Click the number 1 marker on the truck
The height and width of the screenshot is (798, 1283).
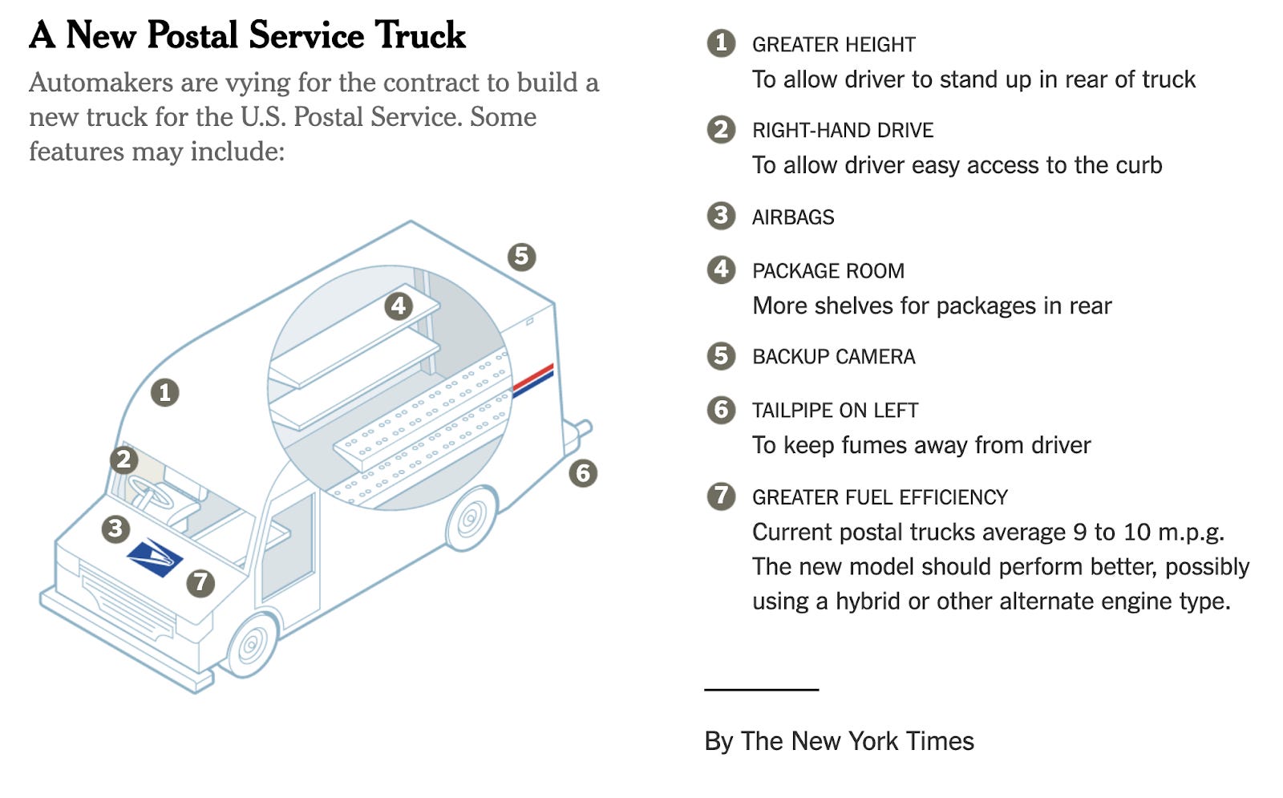click(x=164, y=392)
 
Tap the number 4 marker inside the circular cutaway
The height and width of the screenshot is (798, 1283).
click(x=399, y=306)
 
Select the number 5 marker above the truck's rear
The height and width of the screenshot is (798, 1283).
click(x=521, y=257)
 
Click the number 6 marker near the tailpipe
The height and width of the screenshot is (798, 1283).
click(x=583, y=473)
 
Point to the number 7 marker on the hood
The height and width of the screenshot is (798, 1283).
click(x=200, y=582)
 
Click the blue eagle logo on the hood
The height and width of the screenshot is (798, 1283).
click(x=155, y=557)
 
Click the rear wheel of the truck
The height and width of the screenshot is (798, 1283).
click(x=471, y=519)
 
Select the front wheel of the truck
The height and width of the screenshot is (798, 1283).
click(x=253, y=644)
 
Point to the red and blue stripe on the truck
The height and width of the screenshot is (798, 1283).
click(x=533, y=380)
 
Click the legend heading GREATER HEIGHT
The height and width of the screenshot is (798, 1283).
click(x=833, y=45)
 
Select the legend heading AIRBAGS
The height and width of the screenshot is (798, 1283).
click(x=793, y=217)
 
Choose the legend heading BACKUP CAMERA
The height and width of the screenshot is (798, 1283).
click(x=833, y=357)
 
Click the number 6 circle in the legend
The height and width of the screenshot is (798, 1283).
click(x=721, y=410)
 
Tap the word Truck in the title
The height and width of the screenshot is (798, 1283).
click(x=420, y=35)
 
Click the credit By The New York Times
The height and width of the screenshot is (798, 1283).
click(x=839, y=741)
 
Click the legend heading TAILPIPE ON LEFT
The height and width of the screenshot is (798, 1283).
click(x=835, y=411)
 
